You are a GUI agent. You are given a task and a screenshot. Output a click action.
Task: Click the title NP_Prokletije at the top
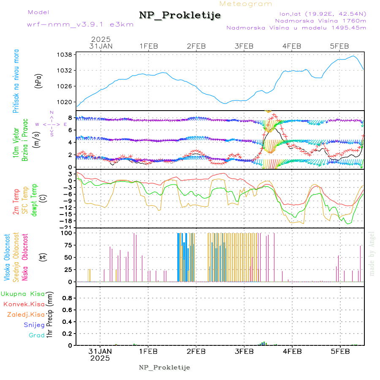[180, 16]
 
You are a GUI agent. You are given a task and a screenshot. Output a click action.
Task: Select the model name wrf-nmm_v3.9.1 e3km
[80, 24]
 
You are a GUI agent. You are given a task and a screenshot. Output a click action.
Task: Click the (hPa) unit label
[38, 80]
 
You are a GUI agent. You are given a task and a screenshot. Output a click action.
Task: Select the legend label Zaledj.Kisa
[26, 314]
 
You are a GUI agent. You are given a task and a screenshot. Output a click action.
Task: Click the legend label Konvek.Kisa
[24, 304]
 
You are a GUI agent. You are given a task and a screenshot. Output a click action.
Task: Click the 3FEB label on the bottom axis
[244, 351]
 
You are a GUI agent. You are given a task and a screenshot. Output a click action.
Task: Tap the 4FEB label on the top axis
[292, 46]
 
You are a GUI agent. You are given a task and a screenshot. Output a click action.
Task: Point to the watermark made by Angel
[372, 253]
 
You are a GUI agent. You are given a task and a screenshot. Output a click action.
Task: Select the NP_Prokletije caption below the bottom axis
[165, 367]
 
